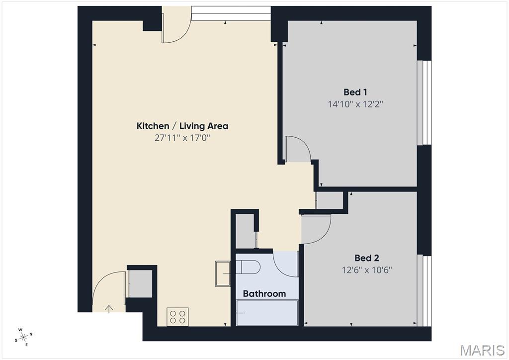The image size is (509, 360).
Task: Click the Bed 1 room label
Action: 355,92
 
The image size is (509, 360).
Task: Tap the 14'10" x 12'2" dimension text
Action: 355,104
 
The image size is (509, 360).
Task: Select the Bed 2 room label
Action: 367,258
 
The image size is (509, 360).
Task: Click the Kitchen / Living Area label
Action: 182,126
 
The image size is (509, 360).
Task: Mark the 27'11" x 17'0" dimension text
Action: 182,138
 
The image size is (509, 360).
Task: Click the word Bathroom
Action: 264,293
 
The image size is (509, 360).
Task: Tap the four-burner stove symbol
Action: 178,316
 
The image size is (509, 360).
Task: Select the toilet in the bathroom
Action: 249,268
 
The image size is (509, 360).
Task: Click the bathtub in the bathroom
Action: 267,313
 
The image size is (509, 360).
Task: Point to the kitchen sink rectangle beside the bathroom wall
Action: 222,273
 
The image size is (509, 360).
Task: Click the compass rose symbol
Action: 24,337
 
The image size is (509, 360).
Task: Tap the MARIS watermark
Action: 483,350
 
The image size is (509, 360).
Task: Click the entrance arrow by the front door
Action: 109,309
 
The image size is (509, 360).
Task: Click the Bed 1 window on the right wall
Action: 425,103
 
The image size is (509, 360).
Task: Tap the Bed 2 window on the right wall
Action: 425,290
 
